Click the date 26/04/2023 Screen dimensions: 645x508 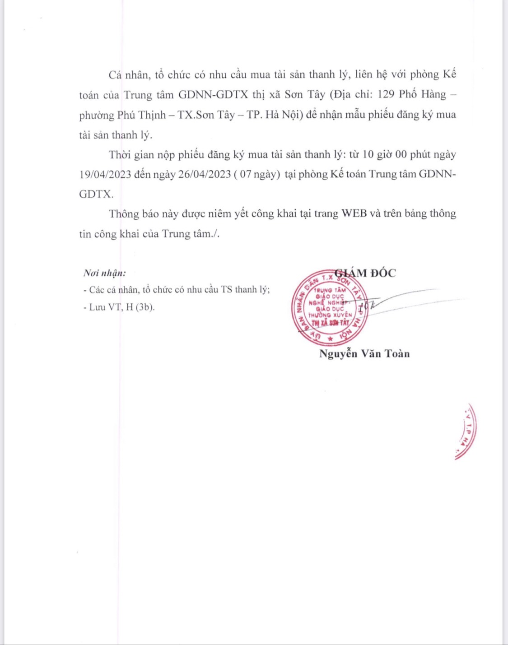(205, 175)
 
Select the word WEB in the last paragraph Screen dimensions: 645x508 (354, 213)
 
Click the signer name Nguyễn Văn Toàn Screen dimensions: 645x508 (364, 353)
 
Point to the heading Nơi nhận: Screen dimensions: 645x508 (105, 273)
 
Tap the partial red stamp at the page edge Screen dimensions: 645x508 (466, 432)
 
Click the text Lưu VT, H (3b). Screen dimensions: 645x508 (119, 307)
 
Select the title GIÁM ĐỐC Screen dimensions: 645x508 (367, 273)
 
